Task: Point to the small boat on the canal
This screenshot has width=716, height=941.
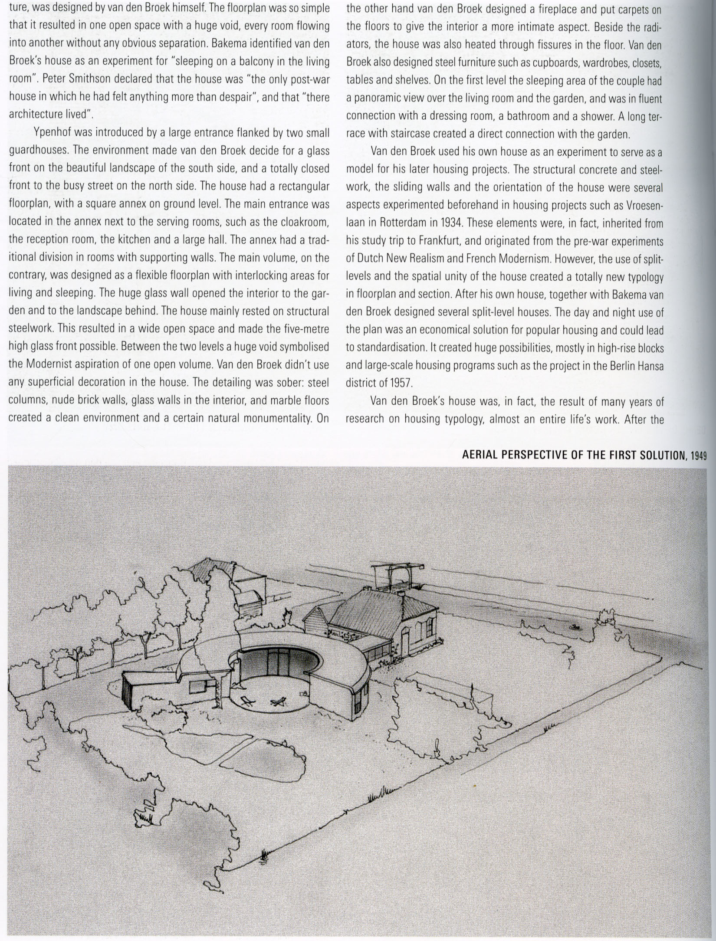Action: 576,626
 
